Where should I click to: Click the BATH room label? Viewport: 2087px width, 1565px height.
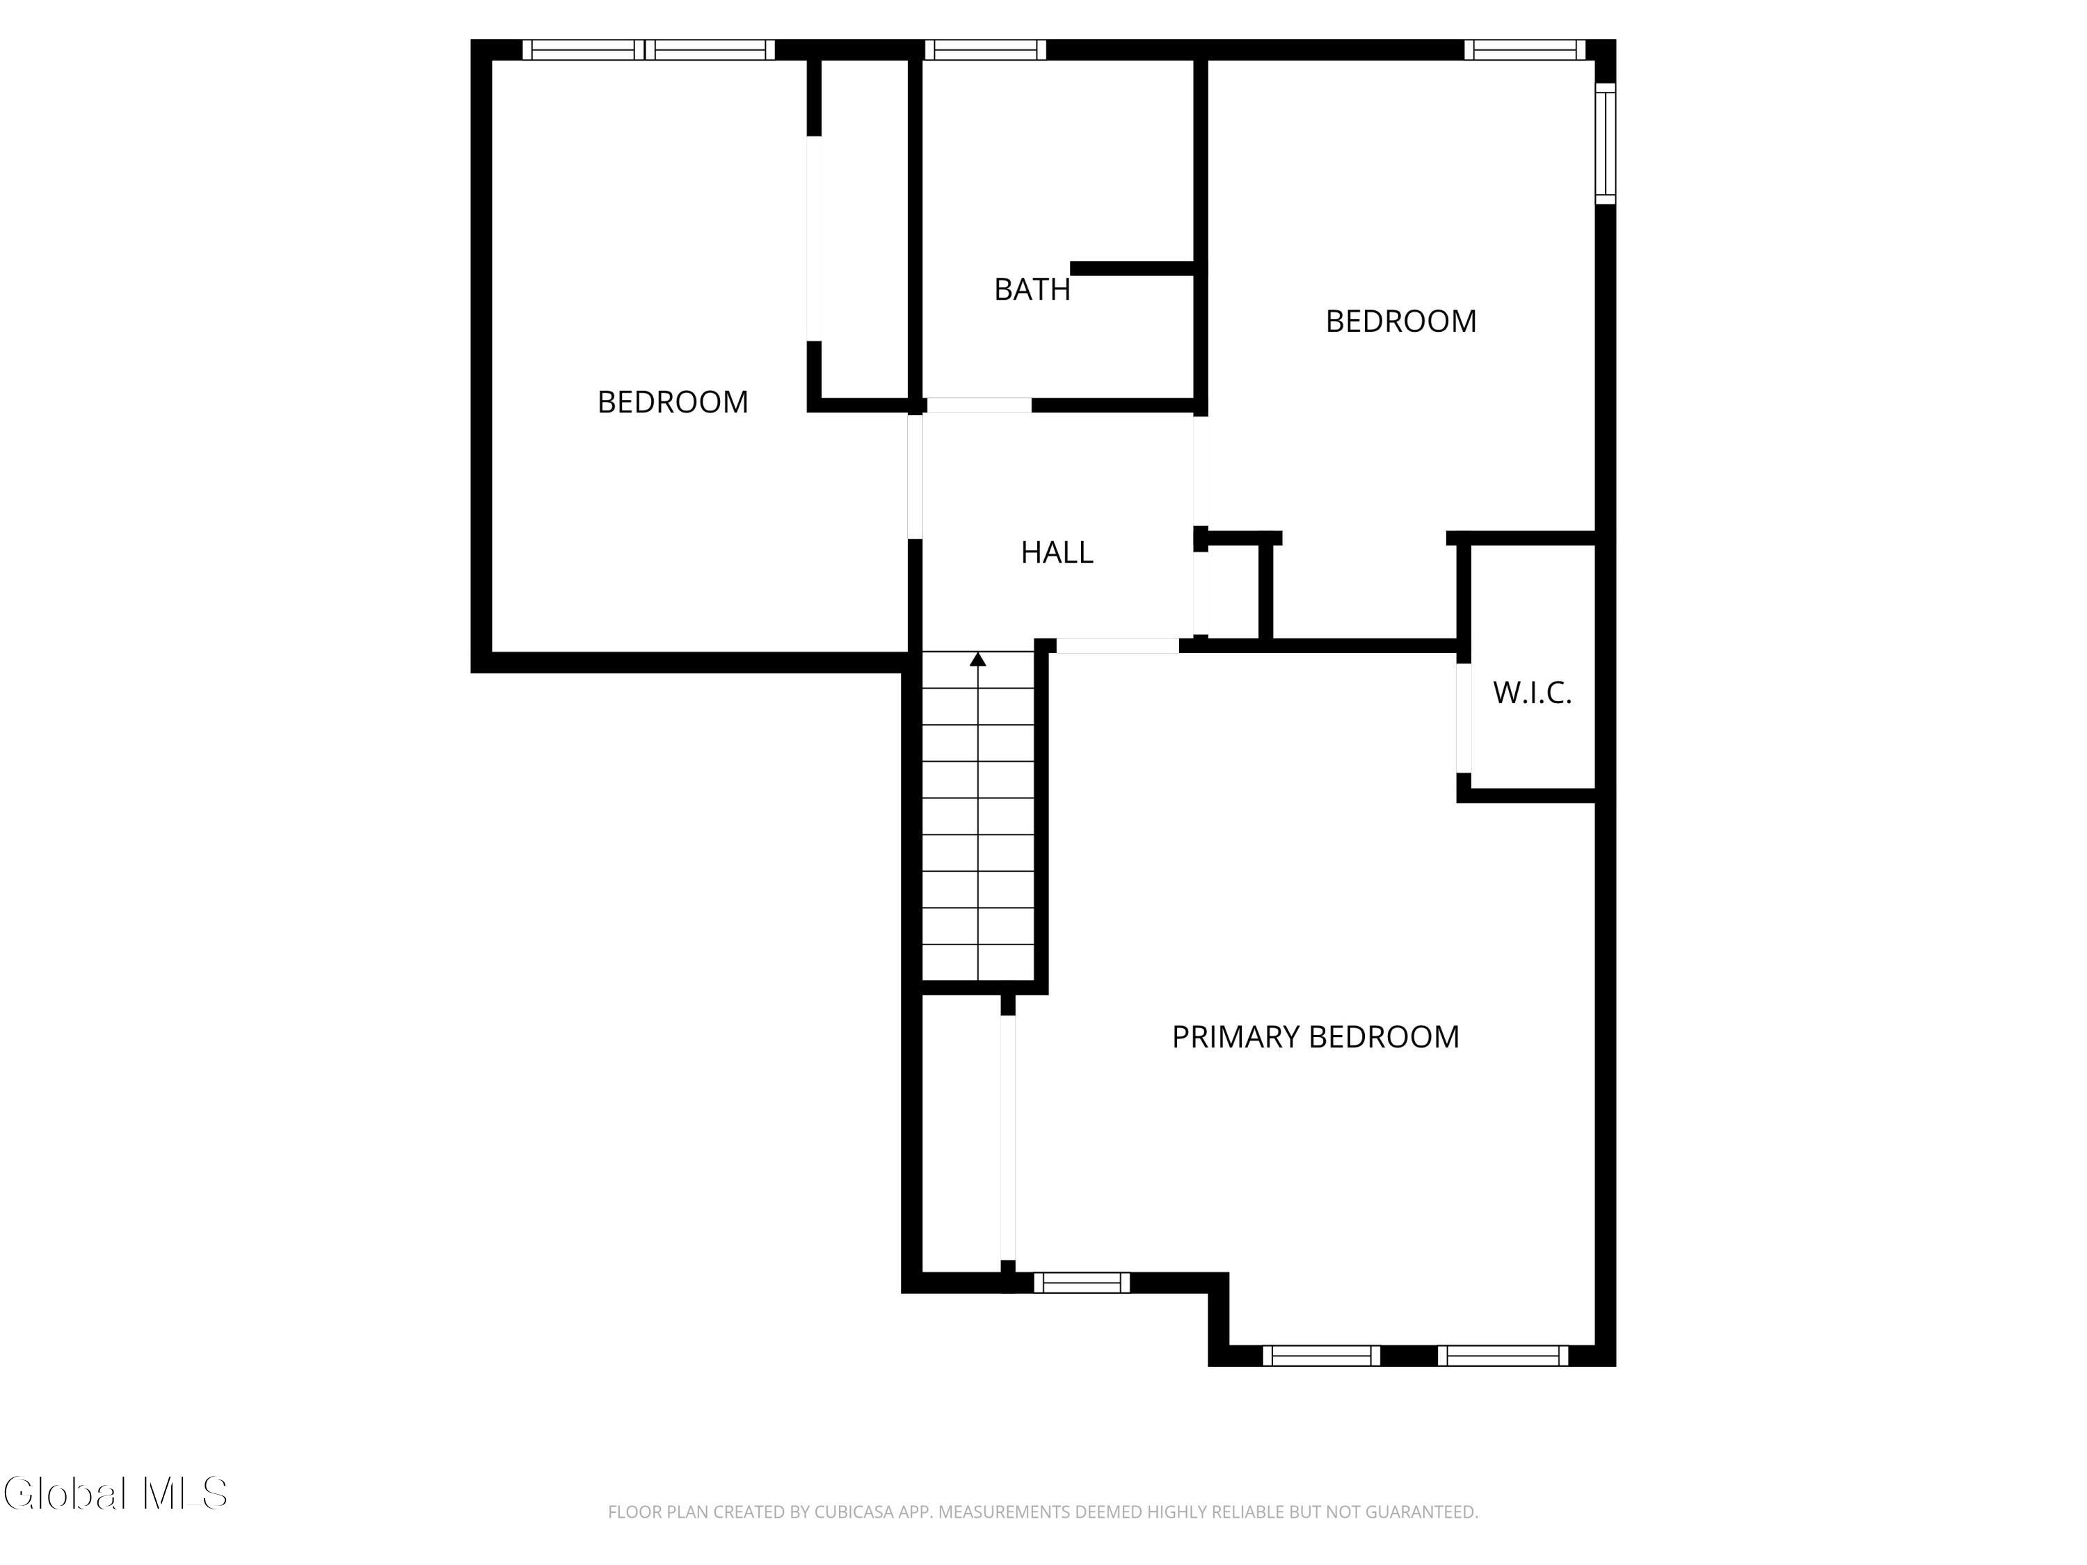(1032, 289)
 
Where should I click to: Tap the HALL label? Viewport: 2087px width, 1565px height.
(1057, 552)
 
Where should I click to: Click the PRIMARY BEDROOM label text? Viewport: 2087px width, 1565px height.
(1316, 1037)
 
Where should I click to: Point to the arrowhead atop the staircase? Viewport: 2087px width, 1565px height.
(978, 659)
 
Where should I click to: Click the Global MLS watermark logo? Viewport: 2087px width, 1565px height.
(115, 1493)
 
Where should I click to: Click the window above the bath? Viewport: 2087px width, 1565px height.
(985, 50)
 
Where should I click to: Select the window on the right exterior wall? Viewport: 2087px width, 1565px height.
(1606, 143)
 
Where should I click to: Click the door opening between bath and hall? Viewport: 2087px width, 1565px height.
(979, 406)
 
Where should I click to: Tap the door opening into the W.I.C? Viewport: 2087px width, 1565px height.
(1464, 719)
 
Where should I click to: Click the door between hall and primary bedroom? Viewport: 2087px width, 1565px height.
(1117, 646)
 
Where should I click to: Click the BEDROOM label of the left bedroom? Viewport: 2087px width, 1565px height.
(673, 402)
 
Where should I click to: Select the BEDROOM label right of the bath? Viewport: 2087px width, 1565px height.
(1401, 321)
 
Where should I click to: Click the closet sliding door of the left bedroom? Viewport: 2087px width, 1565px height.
(814, 238)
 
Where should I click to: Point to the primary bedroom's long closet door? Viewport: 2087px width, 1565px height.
(1007, 1138)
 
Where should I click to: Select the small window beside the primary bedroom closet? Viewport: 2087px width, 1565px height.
(1082, 1282)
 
